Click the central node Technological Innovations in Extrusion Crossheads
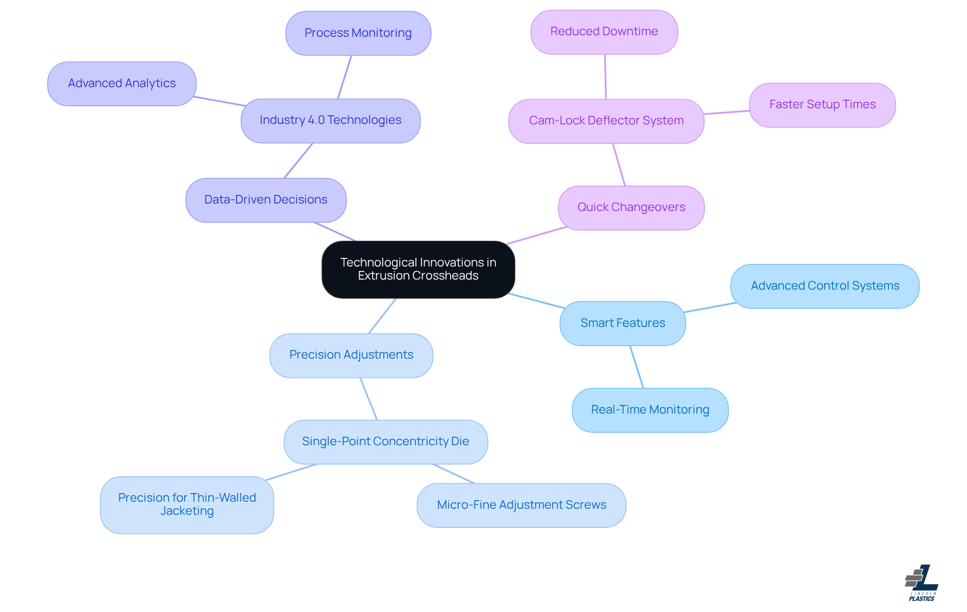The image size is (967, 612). pos(418,269)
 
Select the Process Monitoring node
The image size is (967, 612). pos(358,33)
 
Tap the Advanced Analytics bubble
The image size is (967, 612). pos(122,84)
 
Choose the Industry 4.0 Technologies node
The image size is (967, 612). pos(330,120)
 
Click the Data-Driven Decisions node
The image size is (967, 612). pos(266,200)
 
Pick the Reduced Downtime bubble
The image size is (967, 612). pos(604,32)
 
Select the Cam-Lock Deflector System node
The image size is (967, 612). pos(606,121)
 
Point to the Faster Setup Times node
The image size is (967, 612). pos(822,105)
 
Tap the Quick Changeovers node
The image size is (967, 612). pos(631,208)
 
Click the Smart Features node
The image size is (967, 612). pos(623,323)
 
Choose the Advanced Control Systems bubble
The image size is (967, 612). pos(824,286)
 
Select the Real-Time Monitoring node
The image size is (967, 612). pos(650,410)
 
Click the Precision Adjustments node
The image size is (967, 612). pos(351,355)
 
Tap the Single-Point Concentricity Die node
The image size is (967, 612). pos(385,442)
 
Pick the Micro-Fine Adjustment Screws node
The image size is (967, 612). pos(521,505)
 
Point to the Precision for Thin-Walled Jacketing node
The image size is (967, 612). pos(187,505)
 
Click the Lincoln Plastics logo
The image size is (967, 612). pos(922,583)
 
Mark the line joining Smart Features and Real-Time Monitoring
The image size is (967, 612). pos(637,367)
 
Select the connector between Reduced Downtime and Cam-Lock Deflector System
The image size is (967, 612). pos(605,77)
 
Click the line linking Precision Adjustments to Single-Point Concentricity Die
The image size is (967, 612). pos(369,399)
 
